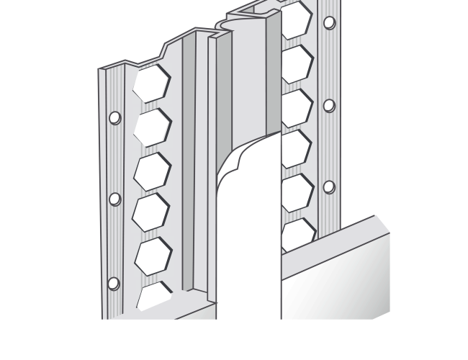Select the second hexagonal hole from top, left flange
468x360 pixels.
pos(152,127)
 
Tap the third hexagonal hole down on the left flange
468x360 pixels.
pos(152,171)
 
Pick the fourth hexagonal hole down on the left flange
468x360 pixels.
pos(152,211)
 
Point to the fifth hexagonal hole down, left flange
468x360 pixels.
pos(152,255)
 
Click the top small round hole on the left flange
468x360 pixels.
pos(114,117)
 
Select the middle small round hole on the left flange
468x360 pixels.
pos(114,199)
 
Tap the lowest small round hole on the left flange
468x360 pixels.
pos(113,283)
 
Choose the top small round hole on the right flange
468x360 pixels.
pos(329,22)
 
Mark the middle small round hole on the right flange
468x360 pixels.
pos(329,106)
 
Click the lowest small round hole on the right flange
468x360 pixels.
pos(329,187)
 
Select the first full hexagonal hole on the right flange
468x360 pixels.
pos(296,63)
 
